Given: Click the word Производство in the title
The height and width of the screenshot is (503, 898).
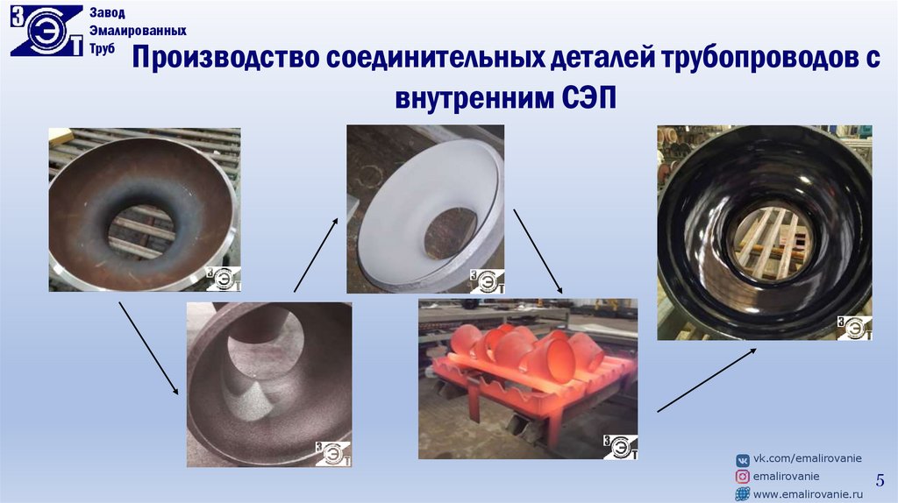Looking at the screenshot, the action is (x=226, y=58).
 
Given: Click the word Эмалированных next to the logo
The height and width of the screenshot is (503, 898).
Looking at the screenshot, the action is (x=138, y=31).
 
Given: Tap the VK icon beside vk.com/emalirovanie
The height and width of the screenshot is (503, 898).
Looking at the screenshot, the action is (x=742, y=460).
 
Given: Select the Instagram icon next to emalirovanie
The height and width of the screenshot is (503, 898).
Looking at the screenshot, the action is (x=742, y=477).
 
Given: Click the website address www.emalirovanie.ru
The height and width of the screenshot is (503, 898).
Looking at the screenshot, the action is (x=808, y=494).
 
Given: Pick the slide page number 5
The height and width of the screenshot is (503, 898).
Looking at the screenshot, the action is (x=880, y=480).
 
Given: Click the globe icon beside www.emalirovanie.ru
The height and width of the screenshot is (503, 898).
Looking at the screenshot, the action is (x=742, y=494).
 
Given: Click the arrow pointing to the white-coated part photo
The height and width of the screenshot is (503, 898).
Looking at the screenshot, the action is (x=316, y=255).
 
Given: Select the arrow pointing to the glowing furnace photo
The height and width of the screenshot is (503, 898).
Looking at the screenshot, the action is (x=538, y=251).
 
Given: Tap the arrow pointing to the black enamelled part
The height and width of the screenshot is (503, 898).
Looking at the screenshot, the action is (x=707, y=380).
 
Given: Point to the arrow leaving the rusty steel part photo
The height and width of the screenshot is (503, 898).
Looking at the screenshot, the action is (x=148, y=349).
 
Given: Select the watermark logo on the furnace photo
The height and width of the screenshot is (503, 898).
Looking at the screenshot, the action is (x=620, y=446).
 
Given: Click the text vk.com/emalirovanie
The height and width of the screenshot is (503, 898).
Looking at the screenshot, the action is (x=808, y=459).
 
